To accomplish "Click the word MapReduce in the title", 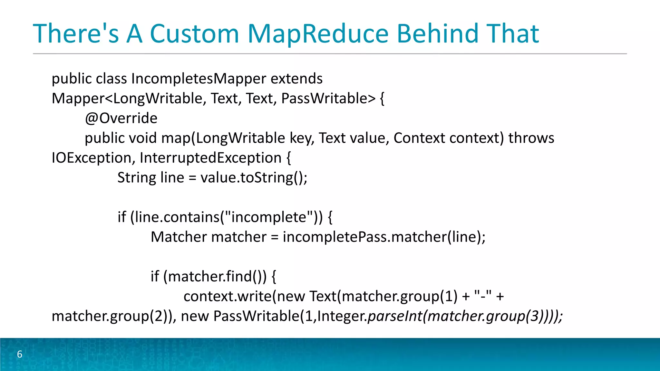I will click(x=318, y=33).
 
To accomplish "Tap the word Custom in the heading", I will click(x=194, y=33).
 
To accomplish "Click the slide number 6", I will click(x=20, y=354).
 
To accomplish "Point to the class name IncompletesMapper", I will click(x=199, y=79).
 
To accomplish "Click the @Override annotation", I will click(x=121, y=118).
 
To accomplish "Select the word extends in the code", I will click(x=296, y=79).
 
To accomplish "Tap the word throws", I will click(x=531, y=138).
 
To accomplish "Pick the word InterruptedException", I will click(x=211, y=158).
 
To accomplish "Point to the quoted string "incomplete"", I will click(x=269, y=217).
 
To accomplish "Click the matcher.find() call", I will click(x=215, y=276).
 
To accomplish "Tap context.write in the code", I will click(x=228, y=296).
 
